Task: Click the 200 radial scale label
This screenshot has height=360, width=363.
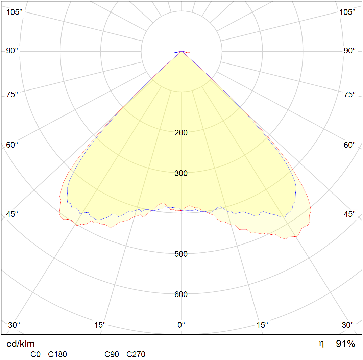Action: [181, 133]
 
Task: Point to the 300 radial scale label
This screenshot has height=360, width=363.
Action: [181, 173]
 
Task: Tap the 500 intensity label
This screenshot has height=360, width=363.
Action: [181, 254]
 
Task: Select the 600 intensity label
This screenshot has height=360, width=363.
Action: [181, 294]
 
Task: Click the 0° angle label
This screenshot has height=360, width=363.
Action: [181, 325]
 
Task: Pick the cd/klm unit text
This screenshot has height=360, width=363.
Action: [21, 344]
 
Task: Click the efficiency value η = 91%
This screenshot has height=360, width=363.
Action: [337, 344]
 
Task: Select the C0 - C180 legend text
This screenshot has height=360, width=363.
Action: [49, 354]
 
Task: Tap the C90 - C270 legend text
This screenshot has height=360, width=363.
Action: [125, 354]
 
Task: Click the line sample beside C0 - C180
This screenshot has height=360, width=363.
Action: [17, 354]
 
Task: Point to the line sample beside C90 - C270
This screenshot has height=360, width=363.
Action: [90, 354]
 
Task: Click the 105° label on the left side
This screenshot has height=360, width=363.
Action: [14, 12]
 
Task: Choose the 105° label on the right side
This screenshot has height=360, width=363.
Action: [347, 12]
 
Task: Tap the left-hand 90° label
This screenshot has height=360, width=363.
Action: [12, 51]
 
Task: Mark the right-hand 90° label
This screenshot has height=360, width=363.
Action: [349, 51]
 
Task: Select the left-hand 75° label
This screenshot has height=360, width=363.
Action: [12, 94]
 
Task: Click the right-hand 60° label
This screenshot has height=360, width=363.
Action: [349, 145]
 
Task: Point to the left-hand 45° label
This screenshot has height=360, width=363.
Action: [12, 214]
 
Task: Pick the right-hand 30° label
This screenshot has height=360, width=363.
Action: [347, 325]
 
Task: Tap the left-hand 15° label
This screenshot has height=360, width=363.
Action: [100, 325]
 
